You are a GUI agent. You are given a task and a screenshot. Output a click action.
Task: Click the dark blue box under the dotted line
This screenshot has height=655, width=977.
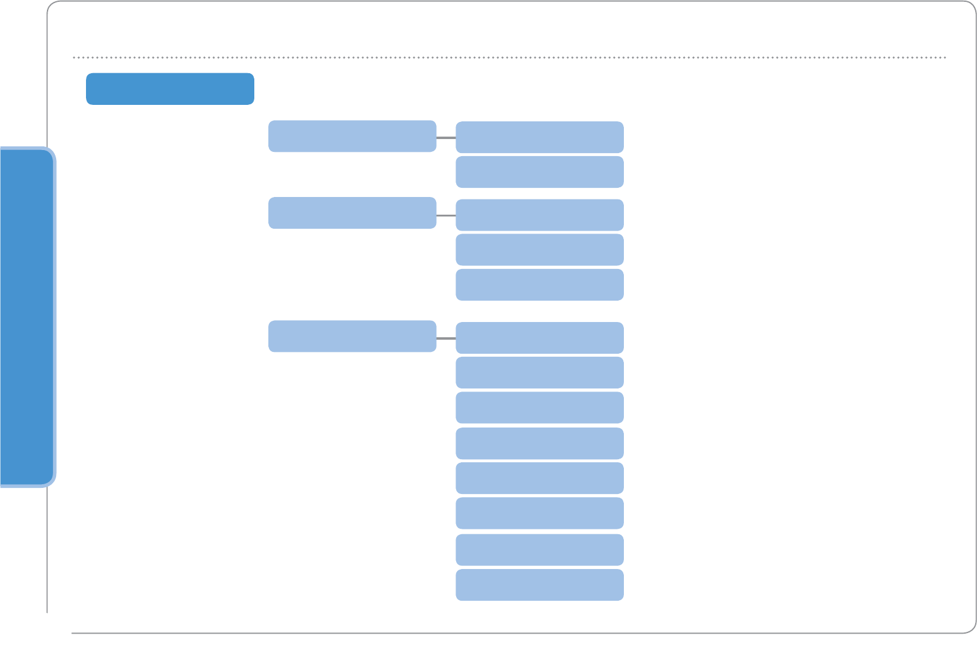pyautogui.click(x=170, y=89)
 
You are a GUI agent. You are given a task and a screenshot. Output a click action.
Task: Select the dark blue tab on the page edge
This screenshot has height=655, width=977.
pyautogui.click(x=27, y=317)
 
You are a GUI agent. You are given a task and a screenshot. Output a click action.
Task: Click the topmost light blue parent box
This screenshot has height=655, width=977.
pyautogui.click(x=352, y=136)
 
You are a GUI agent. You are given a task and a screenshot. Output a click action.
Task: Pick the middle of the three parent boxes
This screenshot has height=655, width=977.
pyautogui.click(x=352, y=213)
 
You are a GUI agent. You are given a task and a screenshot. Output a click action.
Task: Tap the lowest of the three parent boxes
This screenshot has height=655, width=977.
pyautogui.click(x=352, y=336)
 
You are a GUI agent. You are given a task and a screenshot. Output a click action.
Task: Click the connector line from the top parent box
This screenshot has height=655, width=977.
pyautogui.click(x=446, y=138)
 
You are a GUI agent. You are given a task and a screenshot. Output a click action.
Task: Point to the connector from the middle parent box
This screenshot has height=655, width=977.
pyautogui.click(x=446, y=215)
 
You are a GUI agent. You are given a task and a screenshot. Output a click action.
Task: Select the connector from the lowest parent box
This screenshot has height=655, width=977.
pyautogui.click(x=446, y=338)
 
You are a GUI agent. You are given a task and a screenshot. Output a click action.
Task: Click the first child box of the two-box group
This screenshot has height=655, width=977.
pyautogui.click(x=539, y=137)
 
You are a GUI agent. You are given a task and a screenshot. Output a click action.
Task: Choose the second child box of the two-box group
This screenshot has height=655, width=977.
pyautogui.click(x=539, y=172)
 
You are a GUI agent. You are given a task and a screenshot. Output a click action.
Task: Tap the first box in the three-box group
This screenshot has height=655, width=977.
pyautogui.click(x=539, y=215)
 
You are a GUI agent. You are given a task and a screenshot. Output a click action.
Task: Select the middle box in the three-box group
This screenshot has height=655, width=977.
pyautogui.click(x=539, y=249)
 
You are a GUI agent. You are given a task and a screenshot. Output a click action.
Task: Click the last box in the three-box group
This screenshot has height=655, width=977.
pyautogui.click(x=539, y=285)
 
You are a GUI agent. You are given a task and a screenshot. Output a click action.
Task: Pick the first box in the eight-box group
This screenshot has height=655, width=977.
pyautogui.click(x=539, y=338)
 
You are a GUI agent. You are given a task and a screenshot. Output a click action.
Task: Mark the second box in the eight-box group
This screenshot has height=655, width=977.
pyautogui.click(x=539, y=373)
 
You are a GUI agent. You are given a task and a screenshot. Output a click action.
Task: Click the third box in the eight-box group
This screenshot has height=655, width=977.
pyautogui.click(x=539, y=407)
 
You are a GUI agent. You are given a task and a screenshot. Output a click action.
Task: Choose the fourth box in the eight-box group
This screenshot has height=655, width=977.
pyautogui.click(x=539, y=443)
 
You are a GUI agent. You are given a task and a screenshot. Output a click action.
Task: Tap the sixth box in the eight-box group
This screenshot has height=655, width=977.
pyautogui.click(x=539, y=513)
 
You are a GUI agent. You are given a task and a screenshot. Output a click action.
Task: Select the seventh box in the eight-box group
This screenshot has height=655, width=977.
pyautogui.click(x=539, y=550)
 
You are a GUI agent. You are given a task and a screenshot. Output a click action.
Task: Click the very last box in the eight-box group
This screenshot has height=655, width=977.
pyautogui.click(x=539, y=585)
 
